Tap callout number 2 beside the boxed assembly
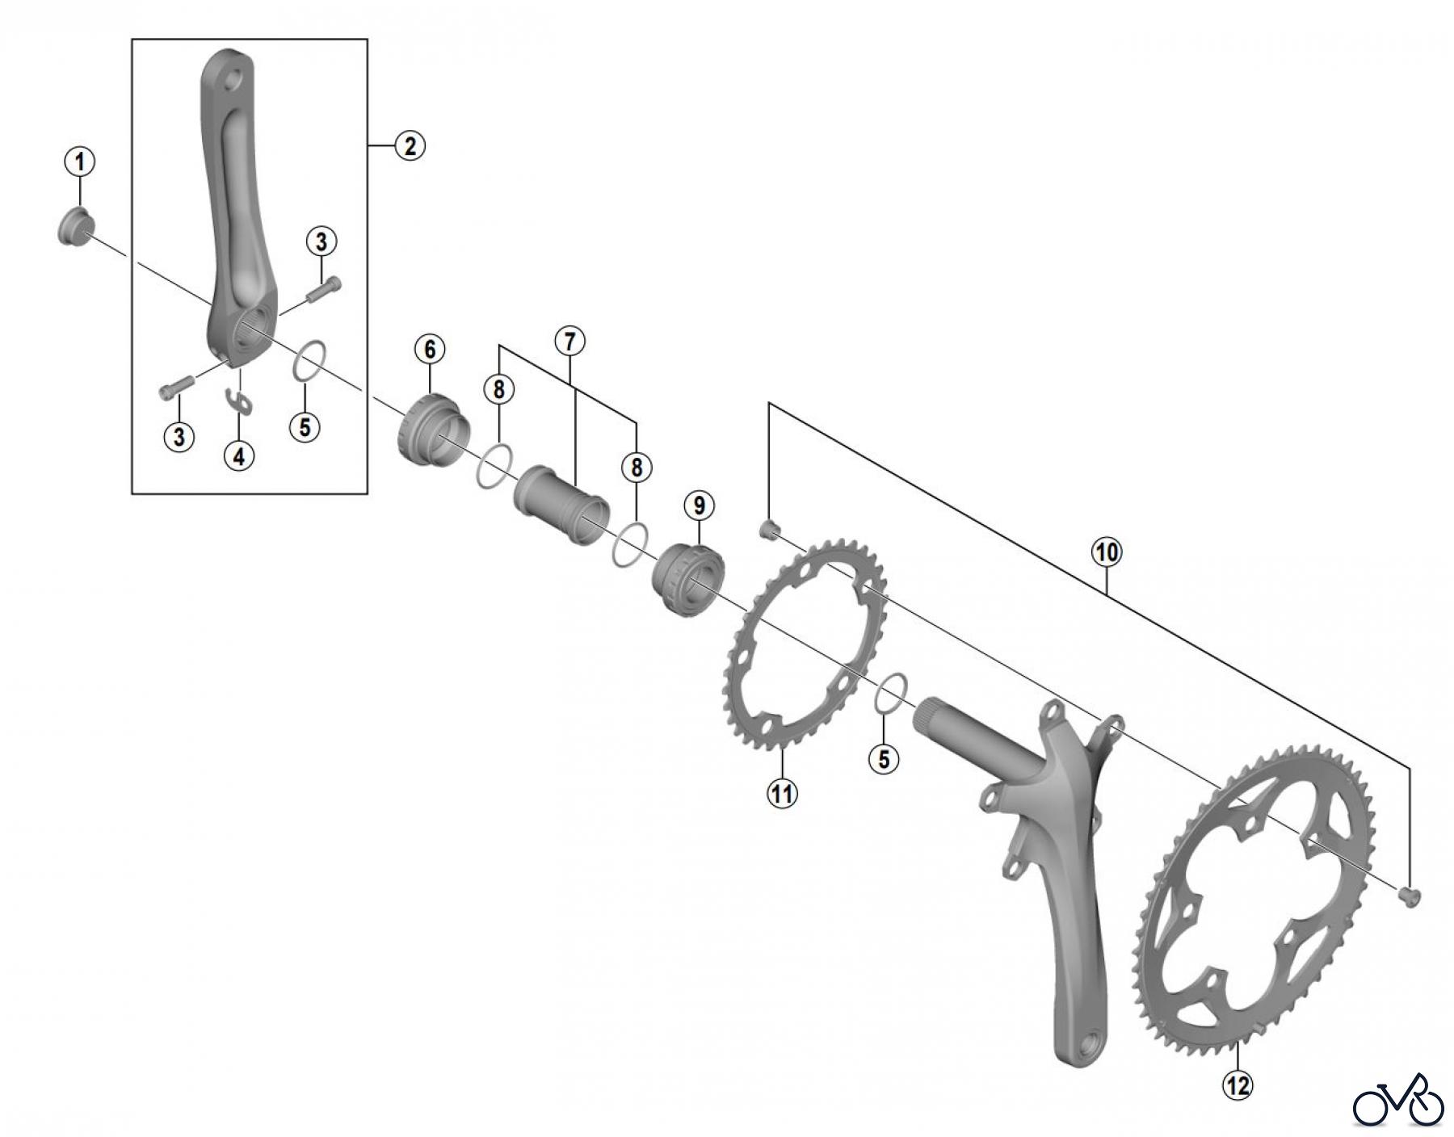(410, 146)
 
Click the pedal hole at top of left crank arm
(233, 81)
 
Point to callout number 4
(239, 456)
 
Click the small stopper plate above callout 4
(238, 401)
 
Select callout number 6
(430, 349)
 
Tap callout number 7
(569, 342)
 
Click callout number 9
(699, 506)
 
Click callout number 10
(1107, 552)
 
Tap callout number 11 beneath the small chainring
(782, 793)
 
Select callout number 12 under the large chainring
(1238, 1085)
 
